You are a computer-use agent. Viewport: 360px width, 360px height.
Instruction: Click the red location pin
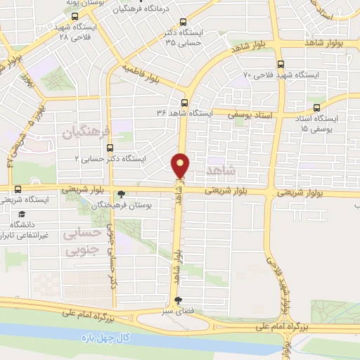pyautogui.click(x=181, y=166)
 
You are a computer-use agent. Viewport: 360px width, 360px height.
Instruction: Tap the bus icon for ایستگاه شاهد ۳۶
pyautogui.click(x=185, y=101)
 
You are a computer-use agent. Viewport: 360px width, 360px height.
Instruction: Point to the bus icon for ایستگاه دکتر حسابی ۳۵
pyautogui.click(x=183, y=22)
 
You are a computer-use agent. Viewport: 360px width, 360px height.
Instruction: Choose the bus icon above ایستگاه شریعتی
pyautogui.click(x=18, y=190)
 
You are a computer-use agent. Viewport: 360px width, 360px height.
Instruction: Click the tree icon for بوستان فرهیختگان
pyautogui.click(x=122, y=194)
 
